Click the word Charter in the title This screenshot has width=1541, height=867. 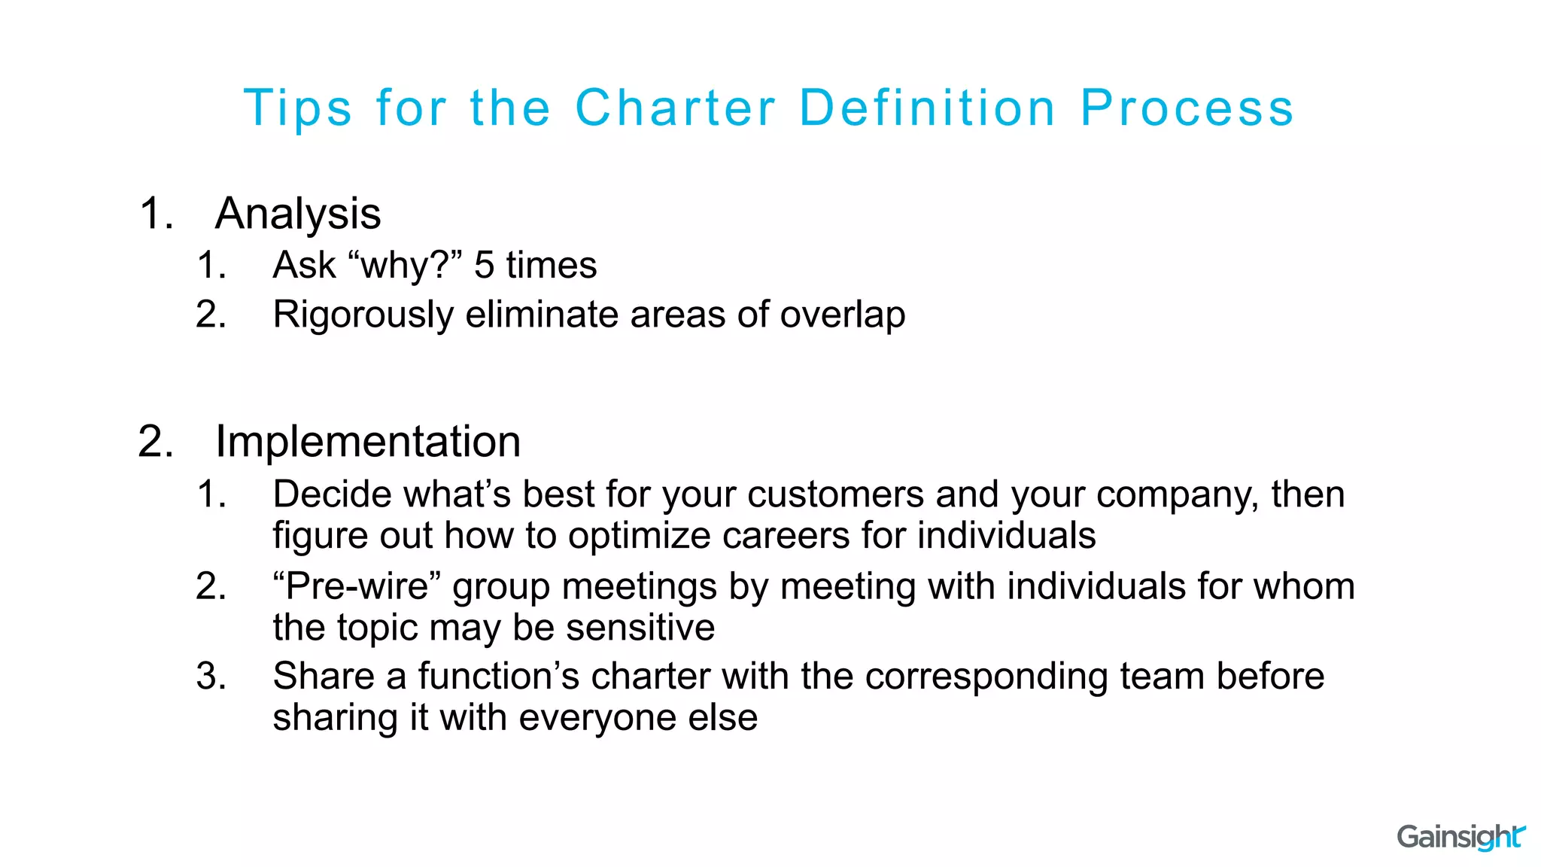click(675, 108)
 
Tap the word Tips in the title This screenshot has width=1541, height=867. click(298, 108)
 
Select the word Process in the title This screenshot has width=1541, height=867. click(1187, 108)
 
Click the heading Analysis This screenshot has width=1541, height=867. click(298, 214)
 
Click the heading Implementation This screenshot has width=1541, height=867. click(368, 442)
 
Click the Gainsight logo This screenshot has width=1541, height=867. click(1460, 836)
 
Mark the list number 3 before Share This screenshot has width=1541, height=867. click(210, 676)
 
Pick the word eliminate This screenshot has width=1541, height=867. click(542, 315)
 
